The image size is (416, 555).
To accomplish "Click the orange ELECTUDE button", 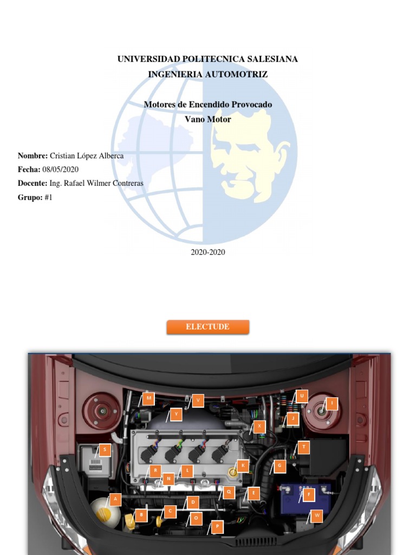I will click(x=207, y=327).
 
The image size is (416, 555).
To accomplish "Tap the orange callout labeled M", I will click(x=148, y=398).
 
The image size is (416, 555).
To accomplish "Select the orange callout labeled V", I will click(x=198, y=400).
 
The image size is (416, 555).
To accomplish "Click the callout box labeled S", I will click(x=105, y=449).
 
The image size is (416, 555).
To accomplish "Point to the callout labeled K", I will click(x=243, y=465).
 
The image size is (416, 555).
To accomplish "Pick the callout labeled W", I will click(x=316, y=515).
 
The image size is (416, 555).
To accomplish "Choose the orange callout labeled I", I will click(x=331, y=403).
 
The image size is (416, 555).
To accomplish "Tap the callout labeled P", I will click(x=217, y=526).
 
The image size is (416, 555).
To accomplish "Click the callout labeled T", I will click(x=304, y=447).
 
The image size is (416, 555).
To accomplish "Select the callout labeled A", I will click(x=115, y=499).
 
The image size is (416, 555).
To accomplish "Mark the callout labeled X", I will click(x=259, y=426).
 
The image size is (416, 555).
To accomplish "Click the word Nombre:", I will click(x=32, y=156).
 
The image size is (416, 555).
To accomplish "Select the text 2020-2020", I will click(x=207, y=252).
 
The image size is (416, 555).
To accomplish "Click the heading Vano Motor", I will click(x=207, y=119).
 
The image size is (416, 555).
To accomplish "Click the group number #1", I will click(x=48, y=197).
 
